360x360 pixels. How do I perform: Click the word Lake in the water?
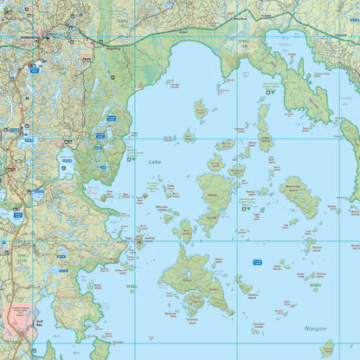(x=155, y=162)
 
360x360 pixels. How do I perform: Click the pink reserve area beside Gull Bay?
(x=21, y=321)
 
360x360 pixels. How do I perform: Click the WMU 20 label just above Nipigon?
(x=315, y=286)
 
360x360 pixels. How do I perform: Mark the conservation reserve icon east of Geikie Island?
(x=246, y=208)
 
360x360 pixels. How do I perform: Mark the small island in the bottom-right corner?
(x=326, y=349)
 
